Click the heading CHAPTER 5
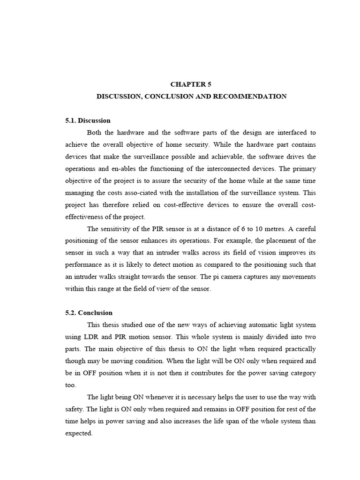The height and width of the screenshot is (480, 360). pyautogui.click(x=191, y=84)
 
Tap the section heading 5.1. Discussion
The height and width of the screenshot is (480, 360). pyautogui.click(x=88, y=120)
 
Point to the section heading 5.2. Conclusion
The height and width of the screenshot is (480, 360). pyautogui.click(x=89, y=313)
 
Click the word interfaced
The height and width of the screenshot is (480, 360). pyautogui.click(x=291, y=133)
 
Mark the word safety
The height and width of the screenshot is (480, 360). pyautogui.click(x=74, y=409)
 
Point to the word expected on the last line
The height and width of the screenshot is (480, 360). pyautogui.click(x=79, y=434)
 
